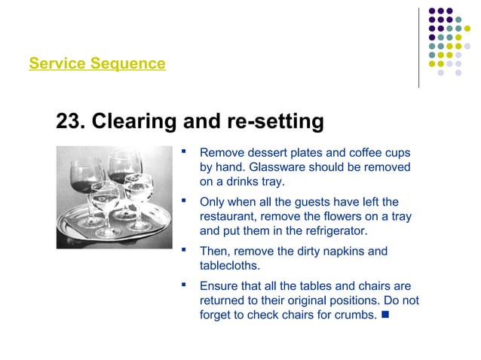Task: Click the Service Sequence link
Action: [97, 64]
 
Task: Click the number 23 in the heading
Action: [69, 121]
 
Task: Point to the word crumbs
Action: [349, 315]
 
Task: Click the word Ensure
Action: [218, 286]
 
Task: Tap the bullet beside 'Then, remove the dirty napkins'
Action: [183, 251]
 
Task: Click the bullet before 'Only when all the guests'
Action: [183, 202]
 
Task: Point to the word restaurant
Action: [229, 217]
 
